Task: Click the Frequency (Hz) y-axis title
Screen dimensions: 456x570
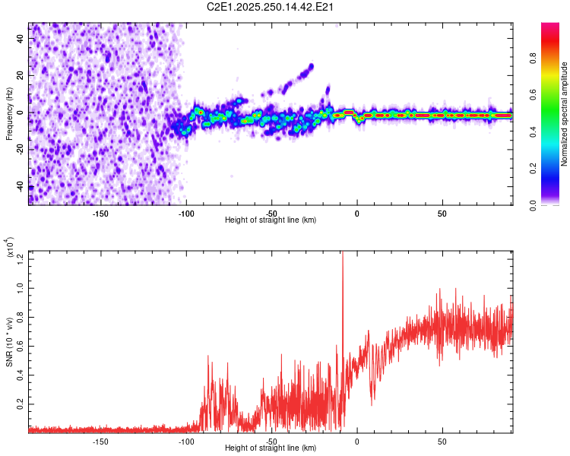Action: [9, 114]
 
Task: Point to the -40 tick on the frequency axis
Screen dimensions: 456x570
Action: [21, 186]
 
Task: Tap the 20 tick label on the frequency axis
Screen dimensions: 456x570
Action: [21, 76]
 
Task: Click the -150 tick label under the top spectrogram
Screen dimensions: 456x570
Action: [100, 214]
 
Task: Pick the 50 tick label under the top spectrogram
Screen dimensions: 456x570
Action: [442, 214]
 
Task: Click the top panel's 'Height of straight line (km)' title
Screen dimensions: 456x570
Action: [271, 220]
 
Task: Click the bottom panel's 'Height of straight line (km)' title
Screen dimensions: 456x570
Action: [271, 448]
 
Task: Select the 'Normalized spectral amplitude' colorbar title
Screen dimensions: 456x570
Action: [565, 114]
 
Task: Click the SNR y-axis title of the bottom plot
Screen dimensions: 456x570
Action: [9, 342]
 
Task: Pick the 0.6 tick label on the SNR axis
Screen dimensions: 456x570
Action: [21, 346]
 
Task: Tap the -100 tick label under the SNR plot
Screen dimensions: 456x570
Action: [185, 442]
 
